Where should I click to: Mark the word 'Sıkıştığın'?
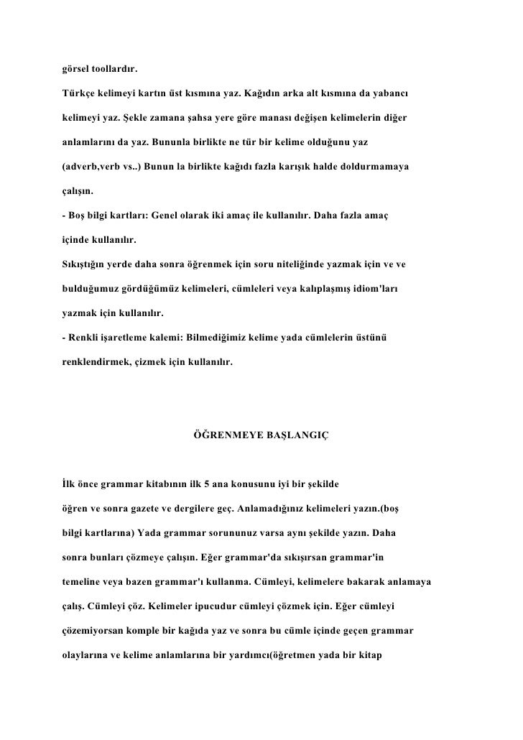83,265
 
